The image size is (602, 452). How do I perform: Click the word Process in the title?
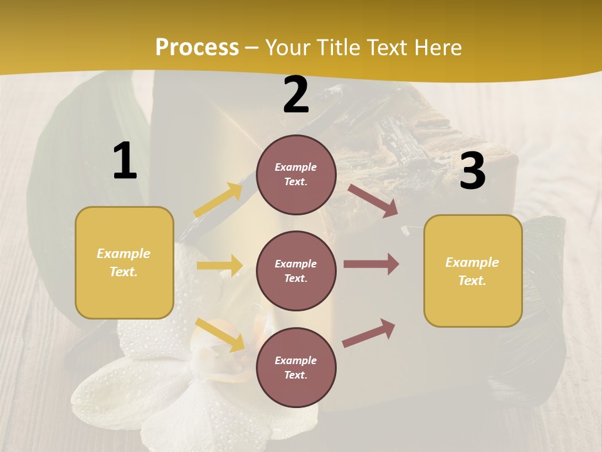pos(197,48)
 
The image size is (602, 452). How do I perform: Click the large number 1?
pos(125,161)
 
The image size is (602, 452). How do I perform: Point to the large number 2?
pos(296,95)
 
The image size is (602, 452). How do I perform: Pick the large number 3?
pos(472,171)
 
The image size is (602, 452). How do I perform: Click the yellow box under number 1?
pos(124,262)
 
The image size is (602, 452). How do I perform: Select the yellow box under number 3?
pos(473,271)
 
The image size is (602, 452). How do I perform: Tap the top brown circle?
pos(296,175)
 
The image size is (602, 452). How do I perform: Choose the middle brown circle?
pos(296,271)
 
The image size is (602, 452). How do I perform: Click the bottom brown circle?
pos(296,367)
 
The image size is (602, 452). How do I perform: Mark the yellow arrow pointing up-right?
pos(219,200)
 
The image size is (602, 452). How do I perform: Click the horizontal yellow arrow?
pos(219,266)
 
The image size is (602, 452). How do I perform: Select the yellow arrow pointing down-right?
pos(219,335)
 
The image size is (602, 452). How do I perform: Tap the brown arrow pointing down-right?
pos(372,200)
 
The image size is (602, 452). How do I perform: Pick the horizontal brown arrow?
pos(371,264)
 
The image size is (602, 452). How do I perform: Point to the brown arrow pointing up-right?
pos(369,333)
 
